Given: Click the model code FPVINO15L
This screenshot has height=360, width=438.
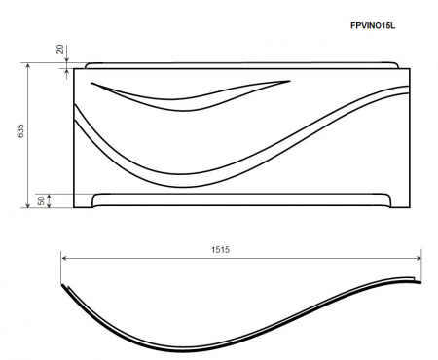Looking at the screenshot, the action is tap(373, 25).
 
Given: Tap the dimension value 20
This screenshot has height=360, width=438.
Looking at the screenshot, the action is tap(60, 49).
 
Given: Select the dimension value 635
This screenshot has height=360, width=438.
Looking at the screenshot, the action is tap(20, 130).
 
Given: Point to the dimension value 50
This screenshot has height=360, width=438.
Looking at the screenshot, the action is tap(41, 200).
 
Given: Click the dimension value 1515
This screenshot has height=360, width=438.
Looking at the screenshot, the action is tap(220, 250).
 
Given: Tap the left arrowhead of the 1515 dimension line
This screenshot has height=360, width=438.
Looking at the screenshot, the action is tap(64, 258).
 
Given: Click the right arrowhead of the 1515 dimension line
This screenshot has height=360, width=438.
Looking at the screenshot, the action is tap(419, 258).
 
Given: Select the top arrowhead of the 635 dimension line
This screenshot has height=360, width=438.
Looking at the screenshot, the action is tap(28, 66).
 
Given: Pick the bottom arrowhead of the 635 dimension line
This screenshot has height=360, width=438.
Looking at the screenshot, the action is tap(28, 204).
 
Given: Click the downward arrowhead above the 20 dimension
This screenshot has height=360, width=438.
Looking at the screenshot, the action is tap(67, 60).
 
